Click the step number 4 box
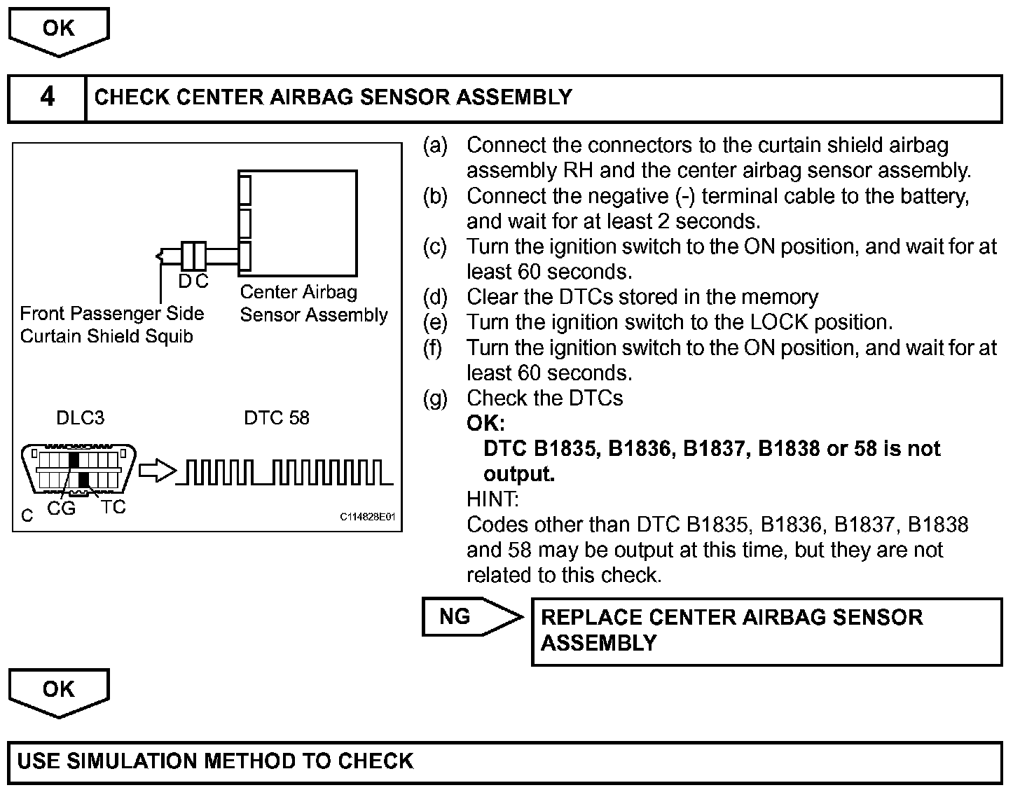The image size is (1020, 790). (47, 97)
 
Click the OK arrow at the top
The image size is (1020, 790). (59, 29)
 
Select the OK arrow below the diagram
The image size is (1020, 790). (59, 690)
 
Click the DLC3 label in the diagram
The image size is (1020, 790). (81, 418)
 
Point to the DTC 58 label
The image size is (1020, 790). (277, 418)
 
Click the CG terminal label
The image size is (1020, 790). (61, 508)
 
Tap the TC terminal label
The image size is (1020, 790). (113, 506)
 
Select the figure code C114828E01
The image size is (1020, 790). (368, 517)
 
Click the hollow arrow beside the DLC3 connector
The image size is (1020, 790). (156, 471)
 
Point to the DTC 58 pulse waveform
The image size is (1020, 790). (284, 472)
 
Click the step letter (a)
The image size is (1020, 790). (435, 146)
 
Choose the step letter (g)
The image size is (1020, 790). (435, 399)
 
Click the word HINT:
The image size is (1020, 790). (492, 499)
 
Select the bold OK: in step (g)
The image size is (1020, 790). (485, 424)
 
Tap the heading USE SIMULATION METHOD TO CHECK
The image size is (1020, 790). (215, 761)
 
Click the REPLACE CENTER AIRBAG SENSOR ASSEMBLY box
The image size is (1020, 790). (767, 630)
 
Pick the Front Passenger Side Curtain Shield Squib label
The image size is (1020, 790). (112, 325)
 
